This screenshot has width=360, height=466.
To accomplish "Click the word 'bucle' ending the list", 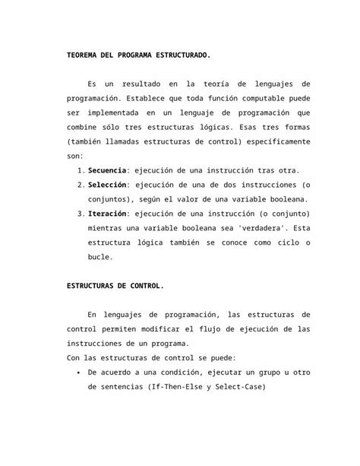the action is point(101,257).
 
